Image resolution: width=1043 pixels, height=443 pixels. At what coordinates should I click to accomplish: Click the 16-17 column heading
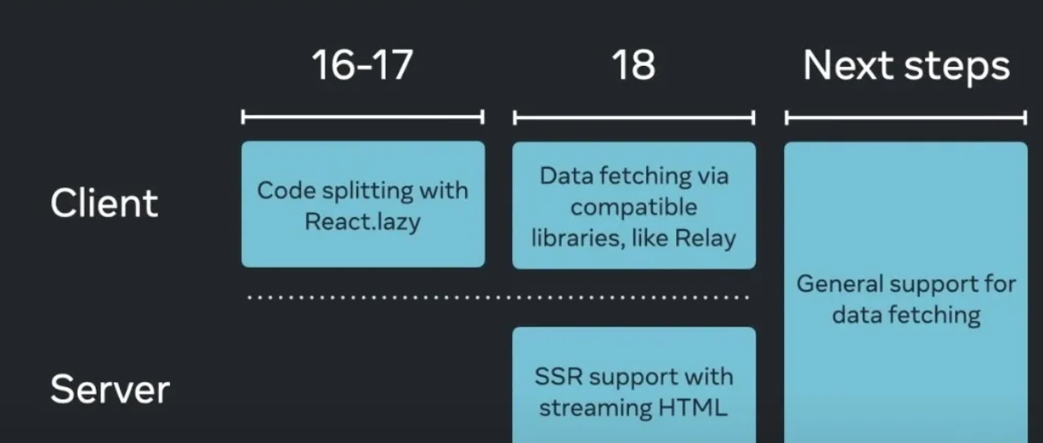click(362, 66)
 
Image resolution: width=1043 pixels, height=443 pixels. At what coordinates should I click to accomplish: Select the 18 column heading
click(633, 66)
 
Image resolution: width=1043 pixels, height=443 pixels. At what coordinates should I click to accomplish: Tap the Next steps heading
click(906, 66)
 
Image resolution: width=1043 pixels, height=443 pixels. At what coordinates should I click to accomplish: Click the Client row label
click(104, 204)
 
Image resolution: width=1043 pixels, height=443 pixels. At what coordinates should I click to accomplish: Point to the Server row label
click(110, 390)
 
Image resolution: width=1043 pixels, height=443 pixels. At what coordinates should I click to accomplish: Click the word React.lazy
click(362, 221)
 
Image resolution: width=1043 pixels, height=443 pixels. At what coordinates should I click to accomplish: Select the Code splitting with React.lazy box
click(362, 204)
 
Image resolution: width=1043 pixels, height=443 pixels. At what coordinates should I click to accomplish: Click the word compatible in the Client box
click(633, 207)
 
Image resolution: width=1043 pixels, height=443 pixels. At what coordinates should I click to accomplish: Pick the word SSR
click(559, 377)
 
